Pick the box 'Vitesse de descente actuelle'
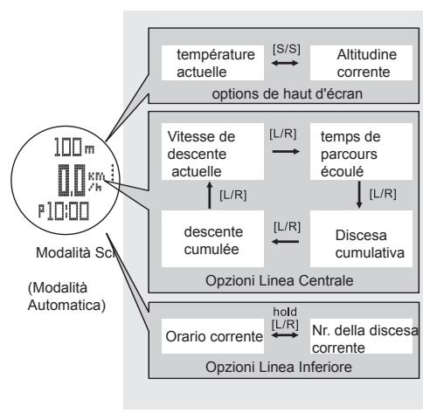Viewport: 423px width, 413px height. click(x=201, y=156)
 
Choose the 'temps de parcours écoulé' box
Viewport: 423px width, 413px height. click(x=338, y=156)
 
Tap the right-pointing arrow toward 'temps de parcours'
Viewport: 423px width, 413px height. click(x=269, y=150)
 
